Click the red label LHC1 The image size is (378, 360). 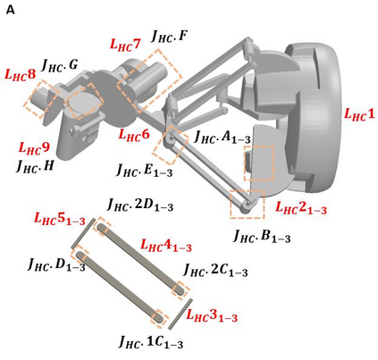359,113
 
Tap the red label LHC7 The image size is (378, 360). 125,45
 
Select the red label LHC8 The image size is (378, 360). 20,75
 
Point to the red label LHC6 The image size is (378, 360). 134,135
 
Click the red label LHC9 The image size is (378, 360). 34,148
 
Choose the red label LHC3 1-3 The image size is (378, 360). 212,315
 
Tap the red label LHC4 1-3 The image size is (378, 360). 166,246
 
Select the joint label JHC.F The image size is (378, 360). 169,37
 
